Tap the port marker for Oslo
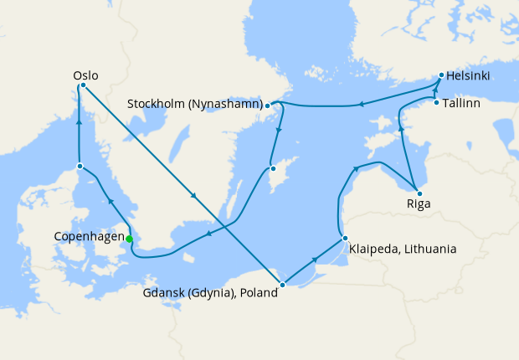(x=83, y=85)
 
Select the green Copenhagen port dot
(x=129, y=239)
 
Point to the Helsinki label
(x=469, y=76)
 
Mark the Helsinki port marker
(x=441, y=75)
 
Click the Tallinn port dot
(x=436, y=103)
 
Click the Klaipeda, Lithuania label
(x=403, y=249)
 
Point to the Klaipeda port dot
(x=344, y=239)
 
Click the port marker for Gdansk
(x=282, y=285)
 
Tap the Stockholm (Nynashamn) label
(x=195, y=105)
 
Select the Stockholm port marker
(x=267, y=105)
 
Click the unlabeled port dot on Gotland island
(x=272, y=168)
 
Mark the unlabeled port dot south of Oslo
(x=80, y=166)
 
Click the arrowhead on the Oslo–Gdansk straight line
(x=194, y=197)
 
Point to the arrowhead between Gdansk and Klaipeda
(x=314, y=260)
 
